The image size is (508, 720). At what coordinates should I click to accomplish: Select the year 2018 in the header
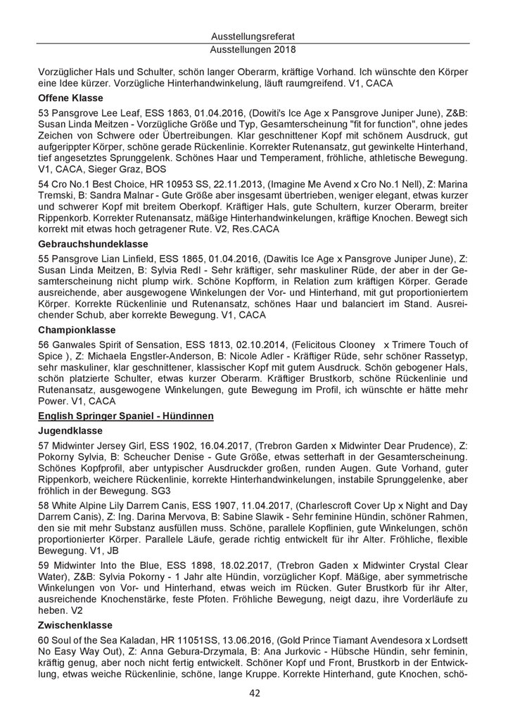pyautogui.click(x=284, y=50)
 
